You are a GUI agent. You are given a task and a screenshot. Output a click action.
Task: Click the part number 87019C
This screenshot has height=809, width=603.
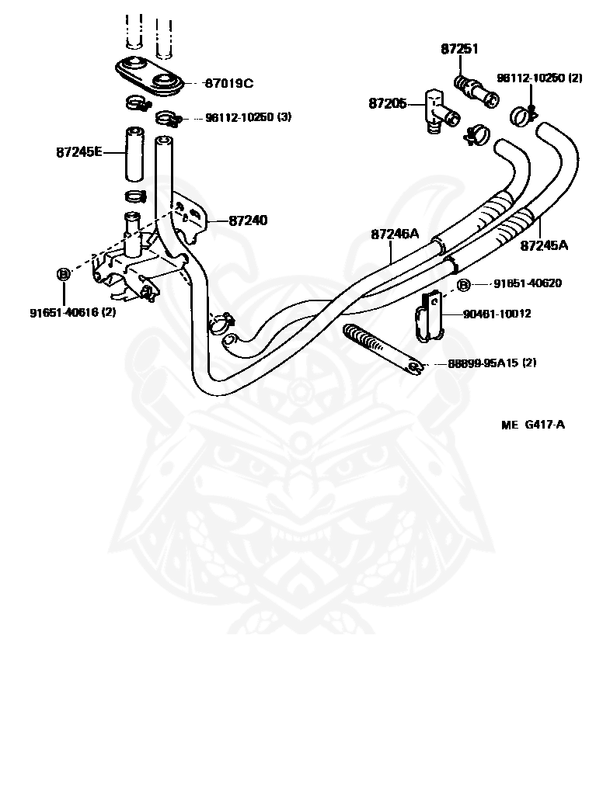pos(229,83)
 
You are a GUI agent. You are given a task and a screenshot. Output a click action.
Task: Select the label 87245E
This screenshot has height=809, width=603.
pos(79,152)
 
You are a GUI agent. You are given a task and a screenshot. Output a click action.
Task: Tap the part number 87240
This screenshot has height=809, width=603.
pos(249,220)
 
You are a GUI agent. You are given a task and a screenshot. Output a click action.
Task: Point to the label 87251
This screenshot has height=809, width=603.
pos(459,49)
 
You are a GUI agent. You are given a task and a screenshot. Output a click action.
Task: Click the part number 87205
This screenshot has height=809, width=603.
pos(388,104)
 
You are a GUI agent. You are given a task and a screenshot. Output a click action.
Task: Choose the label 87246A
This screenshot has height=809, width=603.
pos(395,234)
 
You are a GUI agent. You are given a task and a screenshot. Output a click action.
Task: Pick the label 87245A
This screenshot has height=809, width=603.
pos(544,245)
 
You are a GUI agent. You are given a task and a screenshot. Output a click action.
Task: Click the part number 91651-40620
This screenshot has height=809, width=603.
pos(528,283)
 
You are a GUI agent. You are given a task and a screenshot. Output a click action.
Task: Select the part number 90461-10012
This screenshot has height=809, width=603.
pos(497,314)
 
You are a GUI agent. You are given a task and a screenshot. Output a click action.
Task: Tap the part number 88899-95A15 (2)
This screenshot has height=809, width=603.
pos(492,363)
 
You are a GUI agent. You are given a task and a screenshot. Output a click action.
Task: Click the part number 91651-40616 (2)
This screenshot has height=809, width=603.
pos(73,312)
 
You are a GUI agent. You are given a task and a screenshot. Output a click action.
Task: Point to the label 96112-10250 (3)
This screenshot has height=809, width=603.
pos(249,117)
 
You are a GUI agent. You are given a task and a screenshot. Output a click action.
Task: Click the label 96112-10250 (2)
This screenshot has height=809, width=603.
pos(539,78)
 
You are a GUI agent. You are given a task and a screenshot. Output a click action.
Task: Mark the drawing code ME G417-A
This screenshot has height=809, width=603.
pos(533,425)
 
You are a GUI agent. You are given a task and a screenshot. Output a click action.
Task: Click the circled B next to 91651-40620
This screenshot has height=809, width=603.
pos(464,284)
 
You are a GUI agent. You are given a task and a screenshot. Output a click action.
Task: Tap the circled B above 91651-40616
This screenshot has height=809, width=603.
pos(63,274)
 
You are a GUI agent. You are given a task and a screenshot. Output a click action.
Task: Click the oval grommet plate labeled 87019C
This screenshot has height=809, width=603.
pos(148,77)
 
